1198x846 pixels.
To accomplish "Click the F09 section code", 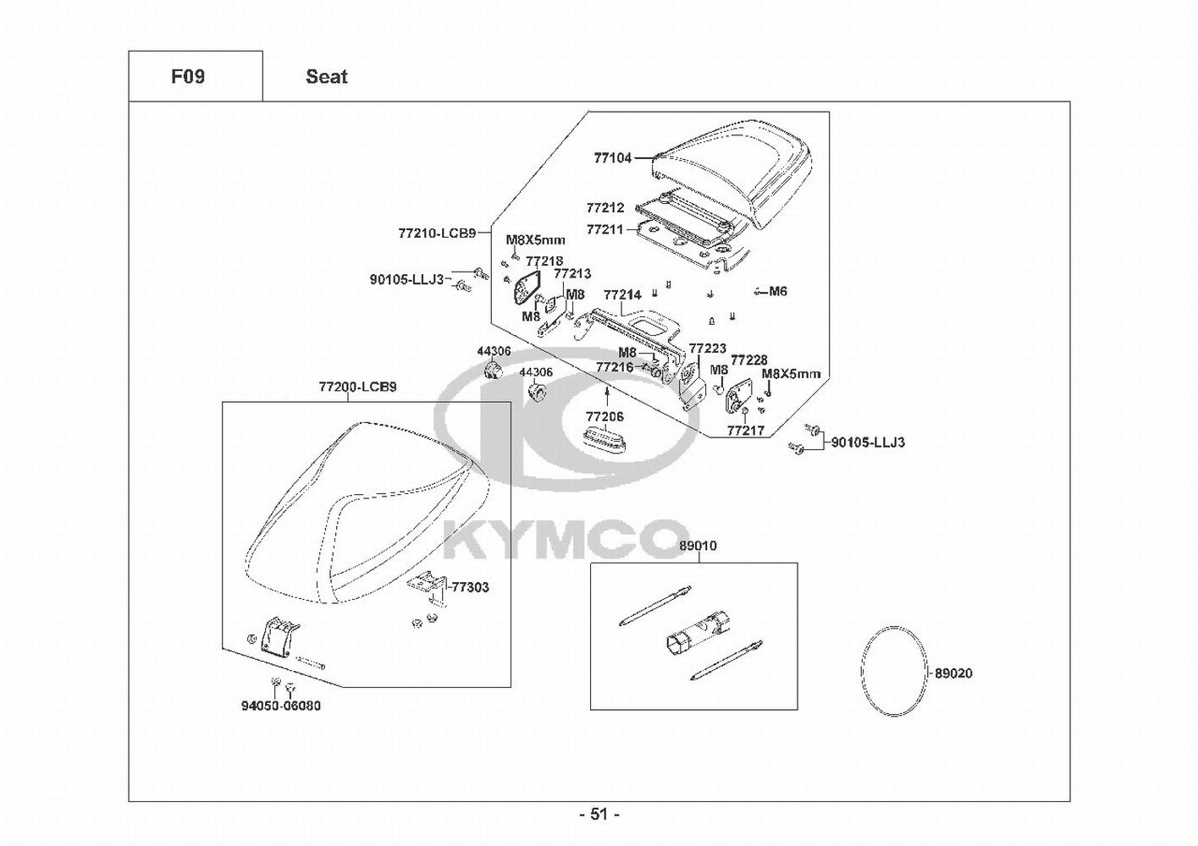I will tap(188, 77).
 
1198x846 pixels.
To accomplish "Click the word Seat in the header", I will tap(327, 77).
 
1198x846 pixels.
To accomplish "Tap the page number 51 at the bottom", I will tap(599, 814).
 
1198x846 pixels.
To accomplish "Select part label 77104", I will tap(612, 157).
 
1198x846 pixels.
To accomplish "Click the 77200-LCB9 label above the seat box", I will tap(357, 387).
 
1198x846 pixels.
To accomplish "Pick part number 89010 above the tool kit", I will tap(698, 546).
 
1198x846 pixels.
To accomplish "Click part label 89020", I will tap(953, 673).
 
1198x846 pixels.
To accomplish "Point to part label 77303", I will tap(470, 587).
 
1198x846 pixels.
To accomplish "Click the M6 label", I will tap(778, 291).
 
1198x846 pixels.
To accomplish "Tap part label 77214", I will tap(622, 295).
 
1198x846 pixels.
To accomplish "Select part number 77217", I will tap(745, 431).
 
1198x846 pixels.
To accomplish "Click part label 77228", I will tap(749, 360).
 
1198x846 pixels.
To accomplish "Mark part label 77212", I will tap(605, 207).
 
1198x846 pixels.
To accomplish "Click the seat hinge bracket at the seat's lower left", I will tap(279, 635).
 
